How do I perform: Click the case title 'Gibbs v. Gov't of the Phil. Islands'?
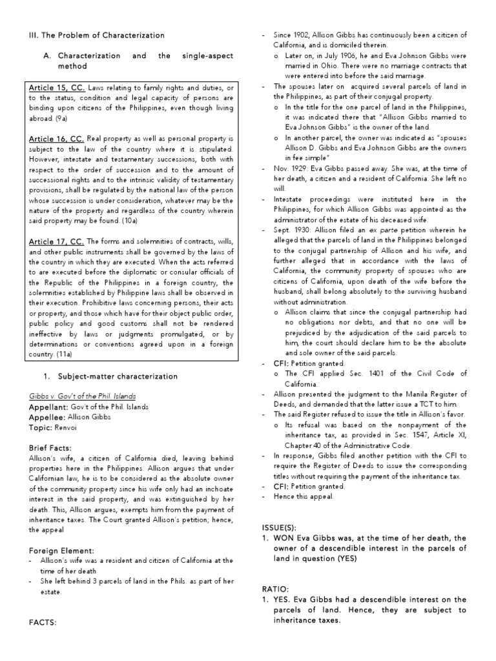pyautogui.click(x=82, y=396)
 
